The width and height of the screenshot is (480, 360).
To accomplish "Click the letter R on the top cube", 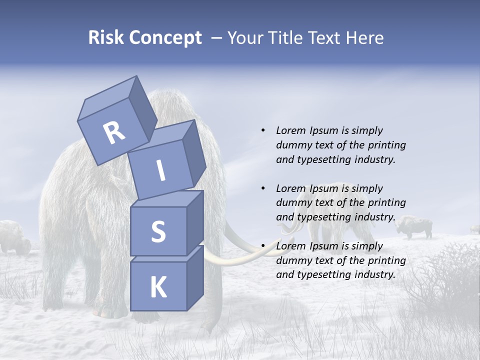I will [x=114, y=132].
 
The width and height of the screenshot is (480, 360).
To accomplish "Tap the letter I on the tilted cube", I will [x=161, y=170].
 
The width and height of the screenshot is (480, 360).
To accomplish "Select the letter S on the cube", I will [x=158, y=231].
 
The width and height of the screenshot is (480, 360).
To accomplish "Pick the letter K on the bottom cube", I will [x=158, y=287].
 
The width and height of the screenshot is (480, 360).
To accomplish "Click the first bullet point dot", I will [x=263, y=130].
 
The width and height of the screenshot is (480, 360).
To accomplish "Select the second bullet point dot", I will [x=263, y=188].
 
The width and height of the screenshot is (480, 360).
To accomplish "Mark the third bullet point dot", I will [x=263, y=246].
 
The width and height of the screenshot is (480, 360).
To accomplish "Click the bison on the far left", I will [x=14, y=238].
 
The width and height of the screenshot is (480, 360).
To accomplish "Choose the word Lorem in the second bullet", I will [x=291, y=188].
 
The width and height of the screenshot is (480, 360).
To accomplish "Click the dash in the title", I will [x=217, y=38].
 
